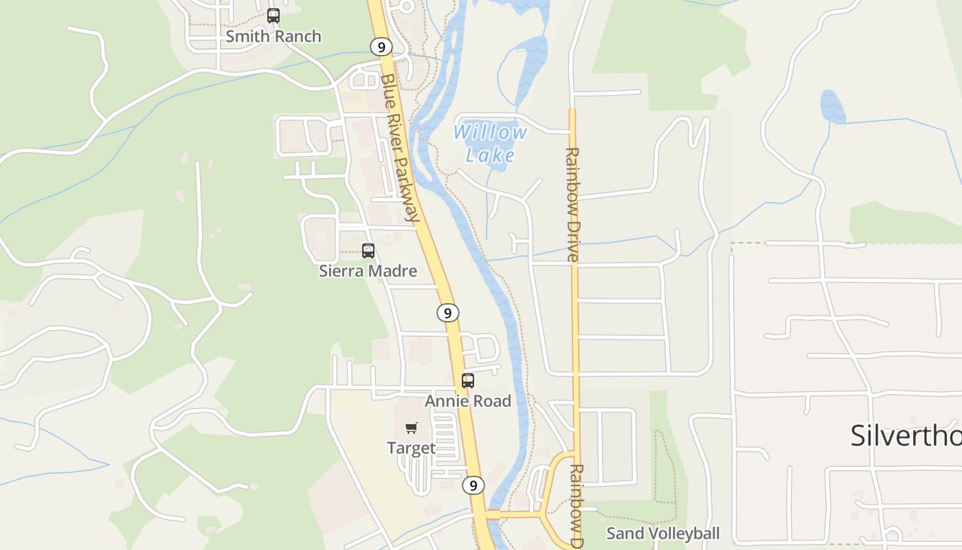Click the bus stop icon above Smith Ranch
click(x=273, y=16)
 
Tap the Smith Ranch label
click(x=273, y=36)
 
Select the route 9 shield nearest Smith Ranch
click(x=381, y=47)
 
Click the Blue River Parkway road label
click(x=400, y=147)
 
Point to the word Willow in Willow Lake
click(x=490, y=132)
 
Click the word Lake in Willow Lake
click(x=490, y=155)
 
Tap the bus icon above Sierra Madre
click(x=368, y=251)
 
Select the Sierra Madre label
click(x=368, y=272)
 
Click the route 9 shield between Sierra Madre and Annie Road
click(x=447, y=313)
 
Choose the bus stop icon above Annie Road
click(x=468, y=380)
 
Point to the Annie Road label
click(x=468, y=401)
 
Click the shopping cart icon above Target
click(x=412, y=428)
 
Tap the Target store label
click(x=411, y=448)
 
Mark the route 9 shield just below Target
click(x=473, y=485)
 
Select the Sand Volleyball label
click(x=662, y=533)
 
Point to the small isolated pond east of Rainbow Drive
click(x=832, y=107)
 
